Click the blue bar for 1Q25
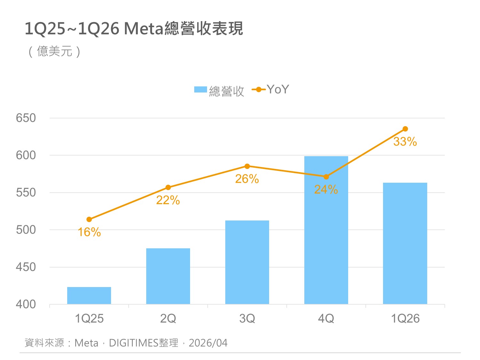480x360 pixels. [89, 295]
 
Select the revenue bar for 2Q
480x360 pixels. [168, 276]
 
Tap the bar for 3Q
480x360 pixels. [247, 262]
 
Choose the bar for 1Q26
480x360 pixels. [405, 243]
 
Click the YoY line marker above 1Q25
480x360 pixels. [89, 220]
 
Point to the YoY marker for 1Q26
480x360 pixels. [405, 129]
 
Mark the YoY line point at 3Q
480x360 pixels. [247, 166]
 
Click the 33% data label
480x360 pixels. [405, 141]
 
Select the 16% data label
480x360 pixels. [89, 232]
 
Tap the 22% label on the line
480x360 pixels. [168, 200]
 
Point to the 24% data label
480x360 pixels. [326, 189]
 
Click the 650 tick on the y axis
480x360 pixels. [26, 118]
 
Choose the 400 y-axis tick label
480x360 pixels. [26, 304]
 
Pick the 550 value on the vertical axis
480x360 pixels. [26, 193]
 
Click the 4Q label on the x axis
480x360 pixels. [326, 318]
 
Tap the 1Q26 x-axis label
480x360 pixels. [405, 318]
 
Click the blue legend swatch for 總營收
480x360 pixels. [201, 90]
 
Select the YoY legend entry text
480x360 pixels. [278, 89]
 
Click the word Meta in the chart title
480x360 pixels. [144, 28]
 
